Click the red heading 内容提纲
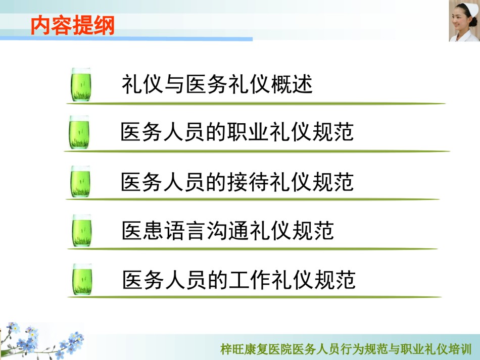click(x=73, y=25)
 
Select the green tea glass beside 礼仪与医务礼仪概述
click(x=81, y=85)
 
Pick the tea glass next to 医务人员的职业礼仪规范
click(x=79, y=132)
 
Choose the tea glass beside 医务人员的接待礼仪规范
click(x=80, y=182)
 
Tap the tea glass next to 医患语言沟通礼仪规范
click(x=82, y=231)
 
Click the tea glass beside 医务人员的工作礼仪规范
click(x=82, y=279)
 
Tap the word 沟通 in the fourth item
click(x=228, y=230)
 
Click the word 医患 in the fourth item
click(x=142, y=230)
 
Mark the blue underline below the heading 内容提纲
click(x=126, y=39)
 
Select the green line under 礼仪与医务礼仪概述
click(x=256, y=104)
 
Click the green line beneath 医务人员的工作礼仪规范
click(x=254, y=297)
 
